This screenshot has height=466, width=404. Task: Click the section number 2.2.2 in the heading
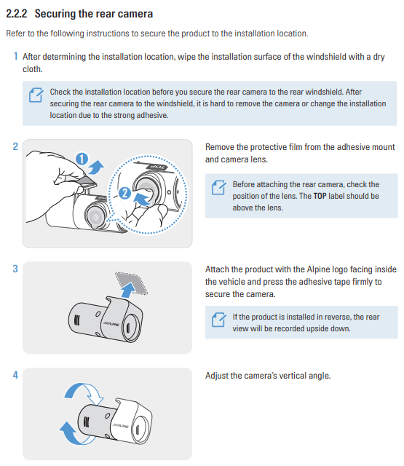17,14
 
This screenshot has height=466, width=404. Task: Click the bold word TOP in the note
320,196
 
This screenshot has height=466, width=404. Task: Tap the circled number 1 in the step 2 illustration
82,159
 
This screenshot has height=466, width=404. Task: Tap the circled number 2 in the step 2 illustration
124,193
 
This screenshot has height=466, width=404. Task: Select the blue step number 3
15,269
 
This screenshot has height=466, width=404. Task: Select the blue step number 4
15,375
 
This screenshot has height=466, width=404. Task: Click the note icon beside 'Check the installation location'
36,95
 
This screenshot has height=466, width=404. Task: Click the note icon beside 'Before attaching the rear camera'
219,188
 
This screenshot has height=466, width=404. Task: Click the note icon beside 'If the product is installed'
219,320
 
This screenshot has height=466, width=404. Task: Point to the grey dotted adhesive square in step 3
131,283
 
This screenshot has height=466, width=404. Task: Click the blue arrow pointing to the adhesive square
129,290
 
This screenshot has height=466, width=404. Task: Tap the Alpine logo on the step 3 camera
111,324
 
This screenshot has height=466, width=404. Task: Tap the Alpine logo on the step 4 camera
120,426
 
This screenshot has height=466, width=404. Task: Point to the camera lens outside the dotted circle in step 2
95,216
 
